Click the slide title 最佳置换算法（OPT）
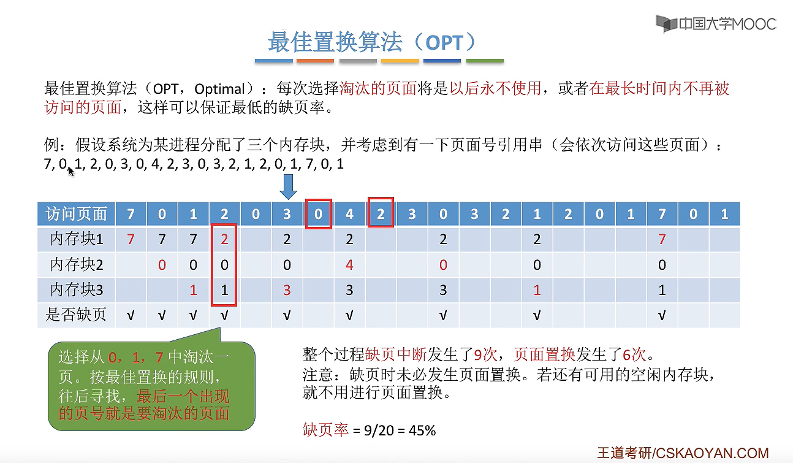[372, 42]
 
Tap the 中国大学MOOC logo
[716, 24]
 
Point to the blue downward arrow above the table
[287, 186]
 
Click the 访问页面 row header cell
[76, 214]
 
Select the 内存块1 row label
[76, 239]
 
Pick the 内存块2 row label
[76, 265]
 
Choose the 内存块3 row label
[76, 290]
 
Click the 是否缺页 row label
[76, 315]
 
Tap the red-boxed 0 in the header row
[318, 214]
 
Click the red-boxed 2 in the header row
[381, 213]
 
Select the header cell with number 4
[349, 214]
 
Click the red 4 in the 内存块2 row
[349, 265]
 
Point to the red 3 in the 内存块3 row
[287, 290]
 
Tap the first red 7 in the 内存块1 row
[131, 239]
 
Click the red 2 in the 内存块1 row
[224, 239]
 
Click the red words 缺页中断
[389, 354]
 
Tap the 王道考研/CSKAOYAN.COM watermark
[682, 453]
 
